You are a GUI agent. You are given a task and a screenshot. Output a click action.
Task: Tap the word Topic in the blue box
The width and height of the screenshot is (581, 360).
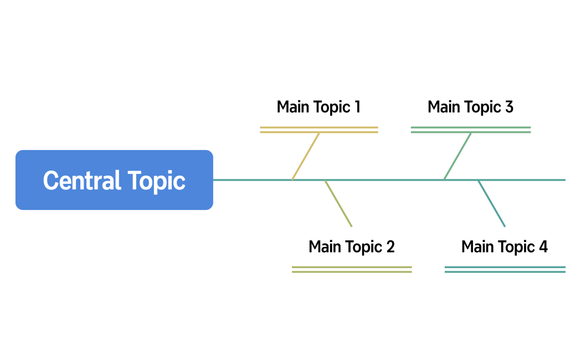pos(157,181)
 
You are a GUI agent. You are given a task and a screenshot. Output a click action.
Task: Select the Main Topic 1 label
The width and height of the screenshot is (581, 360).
pos(318,107)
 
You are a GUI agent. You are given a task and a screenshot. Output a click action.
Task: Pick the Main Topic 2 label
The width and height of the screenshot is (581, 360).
pos(352,246)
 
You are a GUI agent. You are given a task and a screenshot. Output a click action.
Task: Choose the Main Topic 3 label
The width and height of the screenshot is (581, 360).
pos(470,107)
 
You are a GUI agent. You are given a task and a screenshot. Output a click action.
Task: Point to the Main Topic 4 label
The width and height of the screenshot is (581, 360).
pos(504,246)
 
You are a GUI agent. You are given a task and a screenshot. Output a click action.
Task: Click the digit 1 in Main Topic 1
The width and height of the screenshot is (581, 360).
pos(357,107)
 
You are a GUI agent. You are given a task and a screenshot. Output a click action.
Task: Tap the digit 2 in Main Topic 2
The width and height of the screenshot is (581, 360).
pos(390,246)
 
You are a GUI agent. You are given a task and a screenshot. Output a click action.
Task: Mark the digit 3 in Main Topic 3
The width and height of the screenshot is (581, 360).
pos(509,107)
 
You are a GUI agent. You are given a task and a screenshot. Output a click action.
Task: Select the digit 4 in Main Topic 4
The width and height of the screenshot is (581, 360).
pos(543,246)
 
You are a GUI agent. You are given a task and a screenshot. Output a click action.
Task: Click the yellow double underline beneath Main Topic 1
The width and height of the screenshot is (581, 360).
pos(319,130)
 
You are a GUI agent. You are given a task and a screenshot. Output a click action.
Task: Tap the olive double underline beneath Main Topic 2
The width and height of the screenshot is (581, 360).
pos(352,269)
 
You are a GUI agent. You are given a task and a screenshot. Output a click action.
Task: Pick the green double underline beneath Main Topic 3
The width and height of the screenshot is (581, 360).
pos(471,130)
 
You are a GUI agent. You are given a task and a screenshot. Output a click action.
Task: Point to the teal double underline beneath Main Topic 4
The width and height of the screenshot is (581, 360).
pos(505,269)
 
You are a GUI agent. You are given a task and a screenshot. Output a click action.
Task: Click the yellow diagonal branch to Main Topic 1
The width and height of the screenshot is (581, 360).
pos(306,156)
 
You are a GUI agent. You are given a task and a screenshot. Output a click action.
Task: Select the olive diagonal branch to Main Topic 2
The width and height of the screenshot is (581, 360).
pos(338,203)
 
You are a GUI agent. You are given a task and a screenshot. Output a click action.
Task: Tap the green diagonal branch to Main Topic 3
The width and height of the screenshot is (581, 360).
pos(457,156)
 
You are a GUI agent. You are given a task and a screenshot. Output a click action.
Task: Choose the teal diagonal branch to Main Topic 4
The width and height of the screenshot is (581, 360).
pos(492,203)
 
